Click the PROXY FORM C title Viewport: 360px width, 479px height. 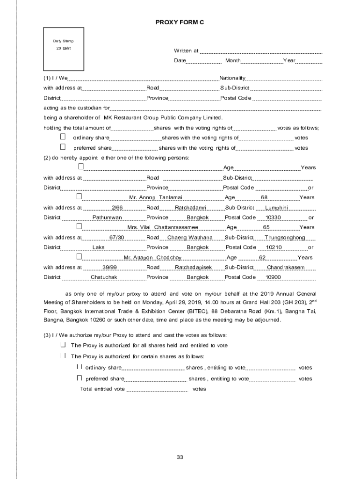click(x=180, y=22)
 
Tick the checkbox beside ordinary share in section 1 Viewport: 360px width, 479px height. click(x=63, y=138)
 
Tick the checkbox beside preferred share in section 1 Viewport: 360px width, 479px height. click(x=63, y=147)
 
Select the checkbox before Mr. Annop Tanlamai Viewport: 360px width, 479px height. click(x=79, y=196)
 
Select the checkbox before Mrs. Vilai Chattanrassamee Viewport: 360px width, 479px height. click(x=79, y=226)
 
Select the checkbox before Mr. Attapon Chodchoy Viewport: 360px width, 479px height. click(x=79, y=257)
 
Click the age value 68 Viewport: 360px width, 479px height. click(x=264, y=197)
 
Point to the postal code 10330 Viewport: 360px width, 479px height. click(x=273, y=218)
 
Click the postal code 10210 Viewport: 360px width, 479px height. click(x=274, y=247)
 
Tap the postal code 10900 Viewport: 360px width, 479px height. click(x=273, y=277)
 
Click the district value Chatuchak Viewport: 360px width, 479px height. click(x=104, y=277)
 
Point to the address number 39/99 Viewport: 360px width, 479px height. click(x=109, y=268)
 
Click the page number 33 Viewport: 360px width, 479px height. click(x=180, y=457)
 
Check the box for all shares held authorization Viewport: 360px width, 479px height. click(x=63, y=345)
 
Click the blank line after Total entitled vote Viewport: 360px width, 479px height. click(x=157, y=390)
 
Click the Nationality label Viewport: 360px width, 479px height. click(x=232, y=78)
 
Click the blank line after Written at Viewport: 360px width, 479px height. click(x=261, y=52)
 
